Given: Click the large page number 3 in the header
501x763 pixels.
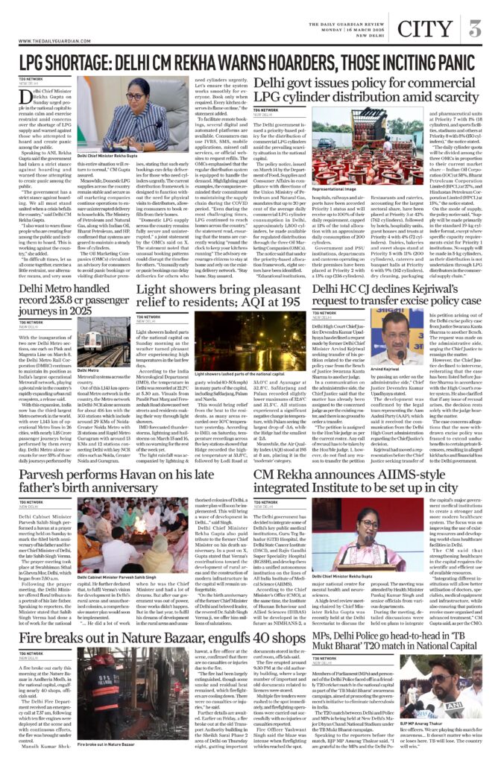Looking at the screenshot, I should (x=475, y=29).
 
